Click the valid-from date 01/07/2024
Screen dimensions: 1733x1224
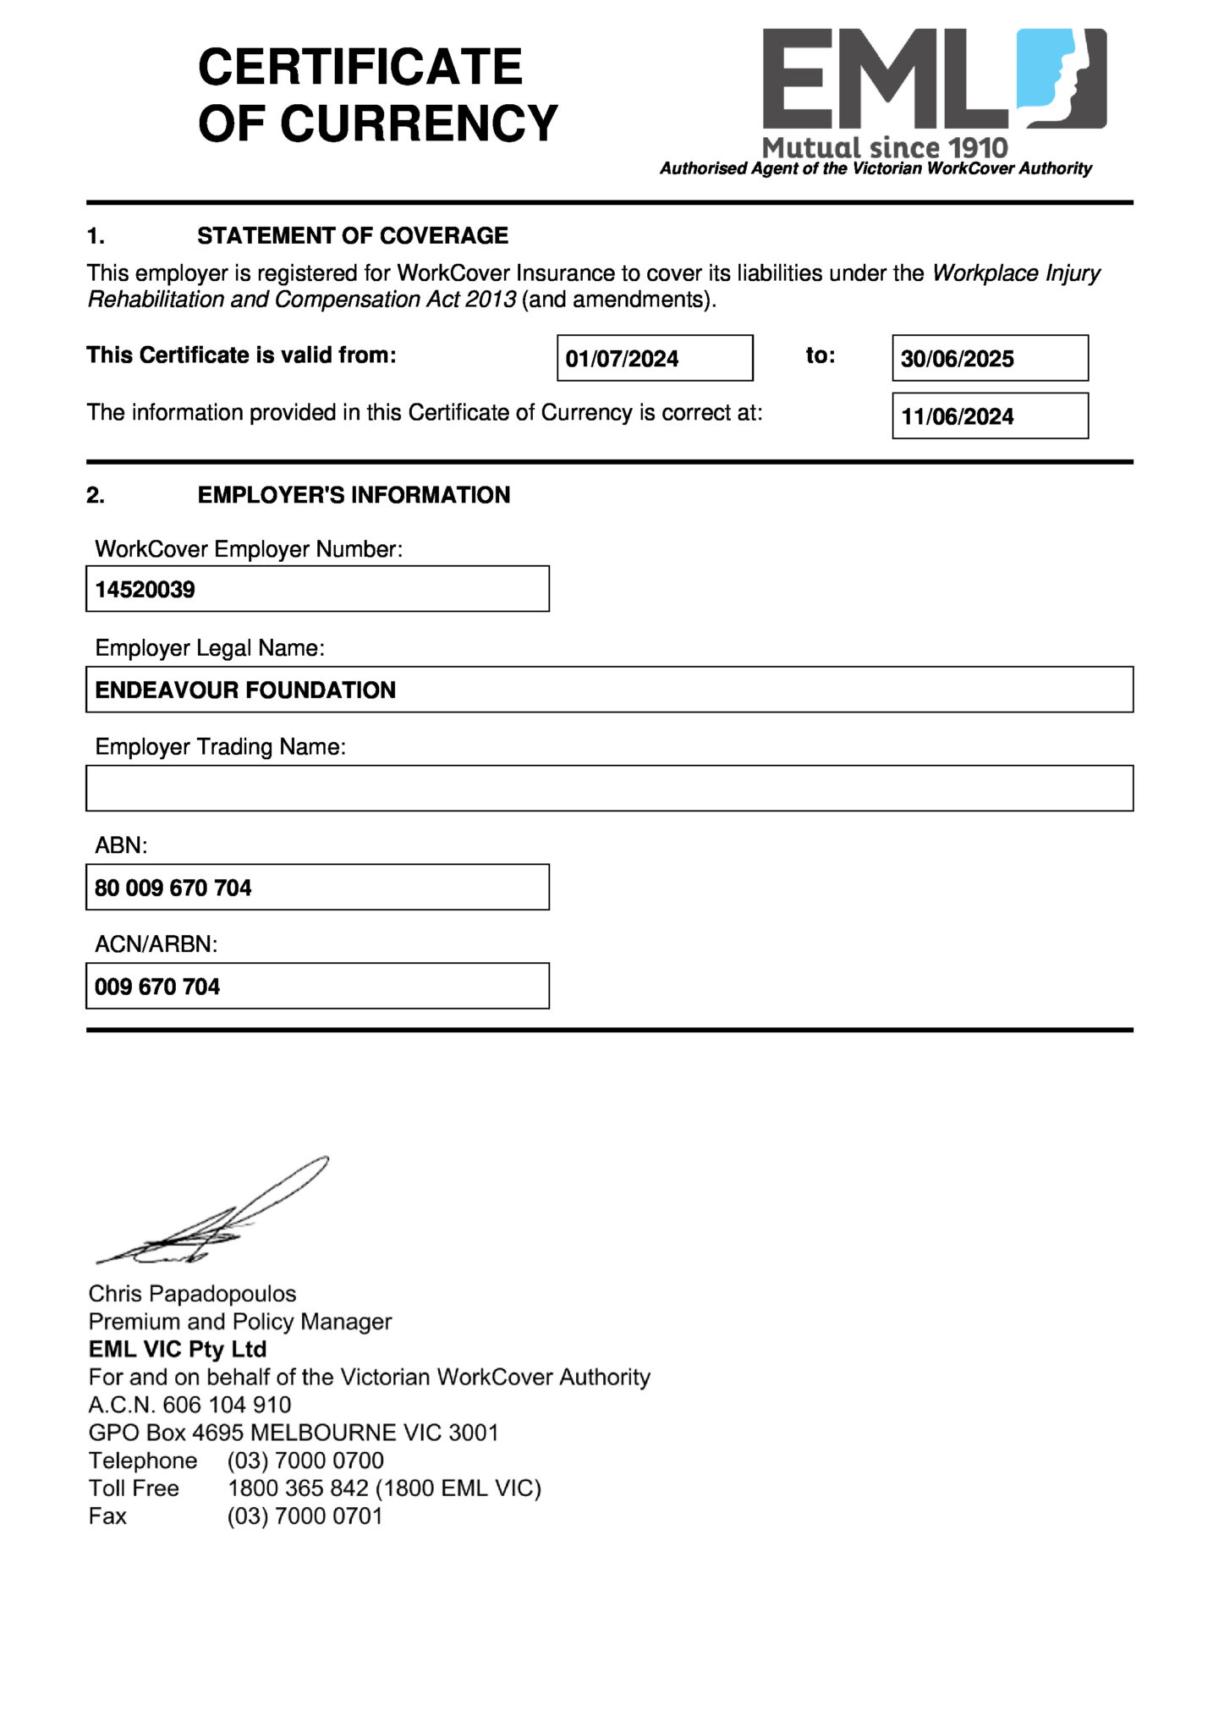tap(622, 359)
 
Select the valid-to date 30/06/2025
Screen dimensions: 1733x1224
tap(957, 359)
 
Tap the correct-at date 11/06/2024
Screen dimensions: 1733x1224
tap(957, 416)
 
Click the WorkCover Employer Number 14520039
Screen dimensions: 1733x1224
tap(145, 589)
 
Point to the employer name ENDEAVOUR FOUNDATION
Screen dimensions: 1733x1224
tap(245, 690)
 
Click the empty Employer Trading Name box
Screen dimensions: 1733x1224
tap(609, 788)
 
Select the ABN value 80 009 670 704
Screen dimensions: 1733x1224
tap(173, 888)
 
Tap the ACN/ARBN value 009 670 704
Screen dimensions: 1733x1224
tap(157, 987)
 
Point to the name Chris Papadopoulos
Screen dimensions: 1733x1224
tap(192, 1294)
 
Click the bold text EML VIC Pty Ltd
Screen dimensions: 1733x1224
tap(178, 1349)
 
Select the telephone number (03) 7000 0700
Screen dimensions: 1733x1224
tap(305, 1461)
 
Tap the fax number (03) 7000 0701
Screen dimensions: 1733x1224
tap(305, 1516)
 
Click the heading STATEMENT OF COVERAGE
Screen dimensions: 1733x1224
tap(353, 235)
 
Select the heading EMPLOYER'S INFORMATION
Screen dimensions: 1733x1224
tap(354, 495)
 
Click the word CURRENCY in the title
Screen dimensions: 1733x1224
tap(419, 124)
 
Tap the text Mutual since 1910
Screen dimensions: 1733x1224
tap(885, 147)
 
